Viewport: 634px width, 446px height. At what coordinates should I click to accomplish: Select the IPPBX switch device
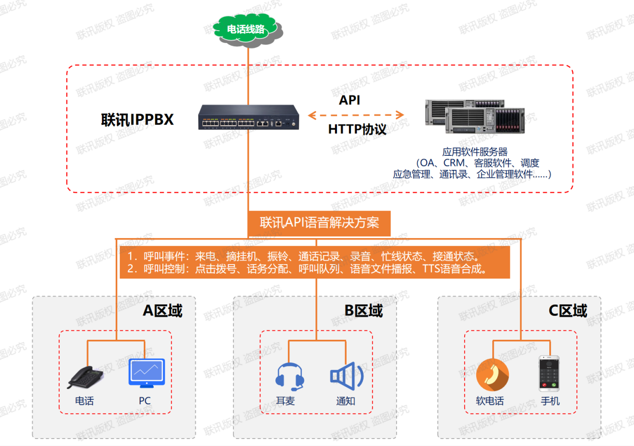(x=248, y=118)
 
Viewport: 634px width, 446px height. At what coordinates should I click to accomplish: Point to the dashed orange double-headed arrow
(x=356, y=115)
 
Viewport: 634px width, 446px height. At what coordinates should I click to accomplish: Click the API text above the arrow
(x=350, y=100)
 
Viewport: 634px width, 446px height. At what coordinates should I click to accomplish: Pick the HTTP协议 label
(x=357, y=129)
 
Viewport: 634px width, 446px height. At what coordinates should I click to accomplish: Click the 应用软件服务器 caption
(x=475, y=151)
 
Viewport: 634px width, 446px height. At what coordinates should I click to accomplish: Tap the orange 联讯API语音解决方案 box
(x=319, y=223)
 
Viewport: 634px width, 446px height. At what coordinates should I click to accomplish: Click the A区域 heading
(x=163, y=311)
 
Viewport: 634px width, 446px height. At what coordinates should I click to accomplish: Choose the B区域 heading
(x=364, y=311)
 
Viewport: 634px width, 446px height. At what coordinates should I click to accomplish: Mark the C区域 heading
(x=567, y=311)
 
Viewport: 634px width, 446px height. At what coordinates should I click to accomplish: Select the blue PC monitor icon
(x=146, y=372)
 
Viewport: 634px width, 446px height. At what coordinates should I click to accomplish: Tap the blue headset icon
(x=290, y=376)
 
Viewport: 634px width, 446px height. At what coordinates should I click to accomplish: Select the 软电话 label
(x=490, y=401)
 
